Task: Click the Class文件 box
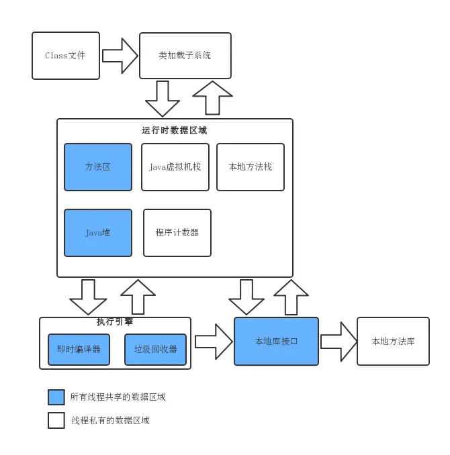pyautogui.click(x=66, y=56)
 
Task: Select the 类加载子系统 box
pyautogui.click(x=185, y=56)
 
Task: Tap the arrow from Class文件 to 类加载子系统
pyautogui.click(x=120, y=56)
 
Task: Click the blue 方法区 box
pyautogui.click(x=98, y=167)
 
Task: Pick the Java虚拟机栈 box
pyautogui.click(x=175, y=167)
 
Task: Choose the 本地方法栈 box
pyautogui.click(x=251, y=167)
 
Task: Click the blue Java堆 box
pyautogui.click(x=98, y=233)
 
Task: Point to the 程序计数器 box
pyautogui.click(x=177, y=233)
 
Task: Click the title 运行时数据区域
pyautogui.click(x=175, y=131)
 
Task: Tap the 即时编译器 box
pyautogui.click(x=79, y=350)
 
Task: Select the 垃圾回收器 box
pyautogui.click(x=155, y=350)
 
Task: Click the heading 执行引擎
pyautogui.click(x=115, y=322)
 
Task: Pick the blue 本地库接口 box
pyautogui.click(x=276, y=342)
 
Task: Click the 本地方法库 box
pyautogui.click(x=393, y=342)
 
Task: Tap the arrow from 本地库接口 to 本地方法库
pyautogui.click(x=339, y=342)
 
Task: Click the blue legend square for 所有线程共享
pyautogui.click(x=56, y=397)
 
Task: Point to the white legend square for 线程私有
pyautogui.click(x=56, y=421)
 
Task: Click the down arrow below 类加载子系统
pyautogui.click(x=163, y=99)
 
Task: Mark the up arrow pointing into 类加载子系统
pyautogui.click(x=212, y=98)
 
